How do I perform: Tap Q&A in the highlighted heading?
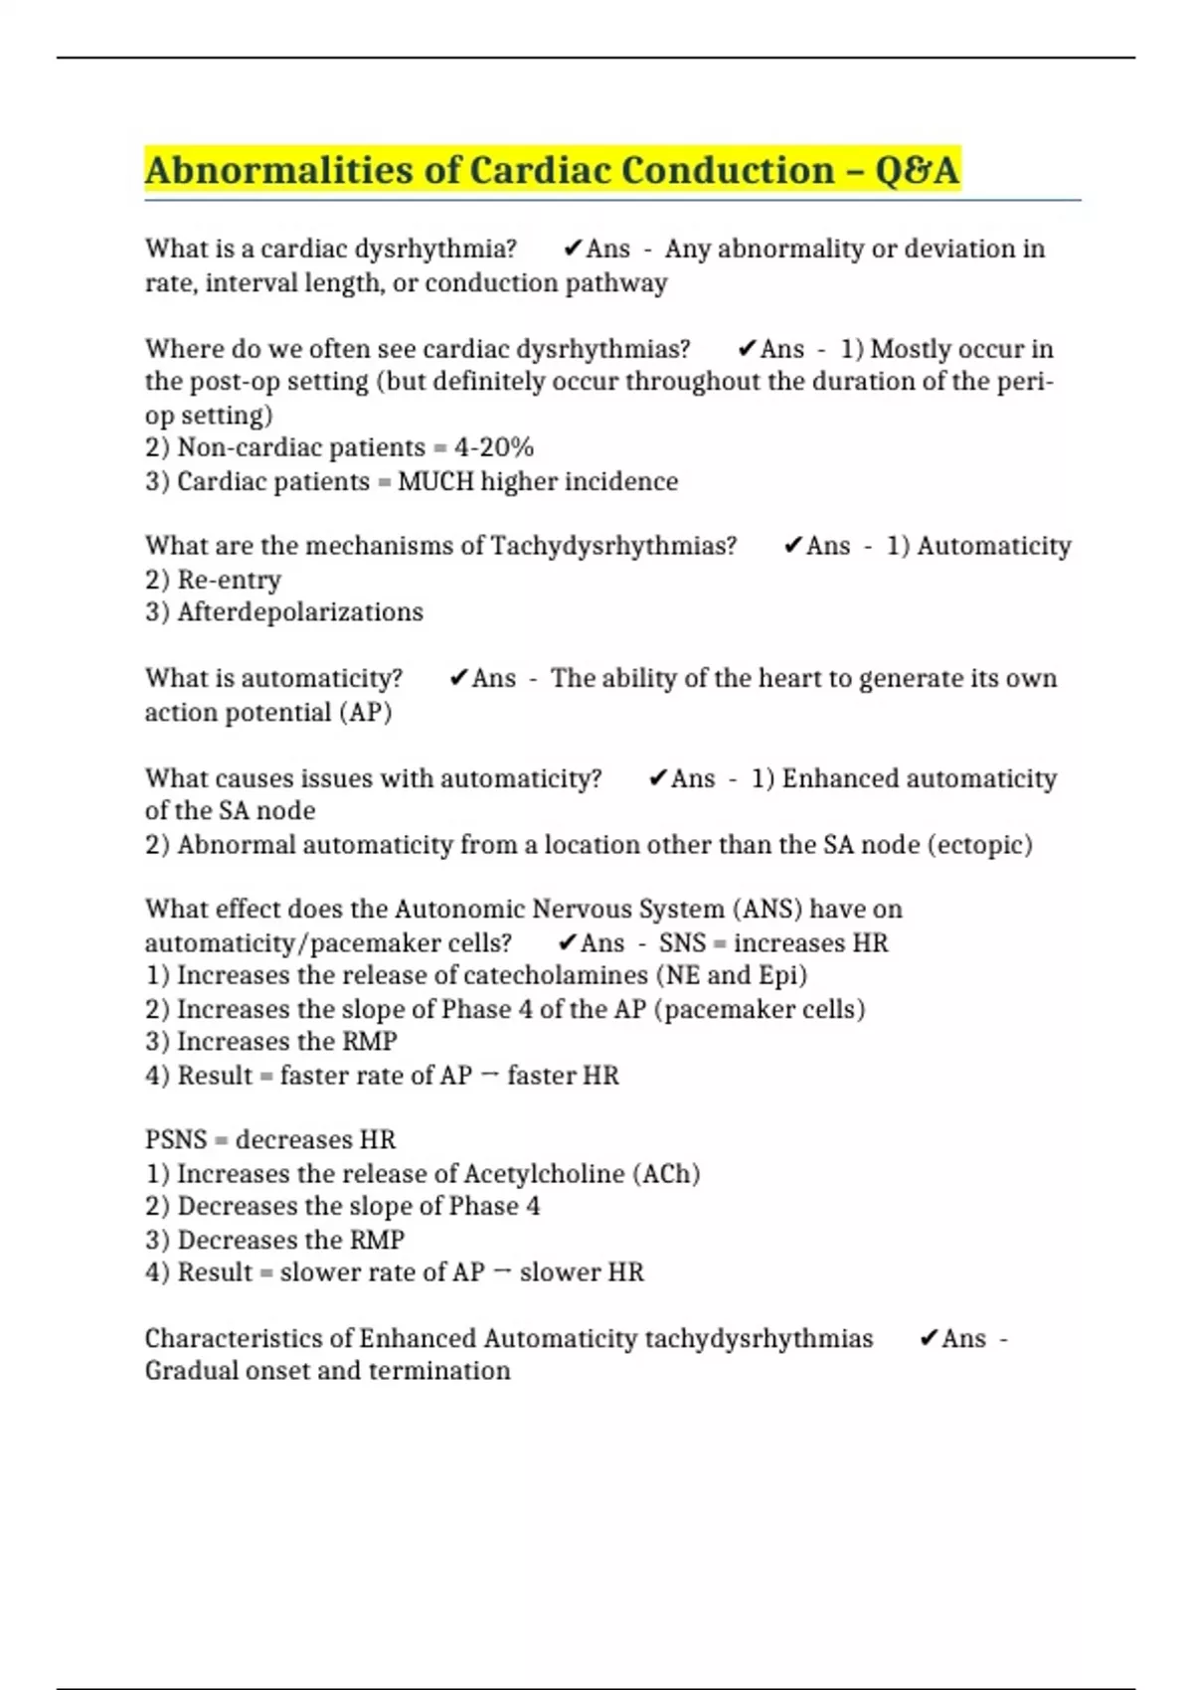point(917,170)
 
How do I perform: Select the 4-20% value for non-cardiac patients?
point(494,447)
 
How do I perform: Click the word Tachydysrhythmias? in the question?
point(613,546)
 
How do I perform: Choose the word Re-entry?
point(229,580)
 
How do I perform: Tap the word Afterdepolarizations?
point(300,612)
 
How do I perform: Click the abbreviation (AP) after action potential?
point(366,713)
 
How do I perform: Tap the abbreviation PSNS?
point(176,1139)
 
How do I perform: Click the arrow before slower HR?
point(501,1272)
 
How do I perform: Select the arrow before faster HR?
point(489,1076)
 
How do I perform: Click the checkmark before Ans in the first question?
point(572,249)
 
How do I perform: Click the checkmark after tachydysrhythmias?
point(928,1339)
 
